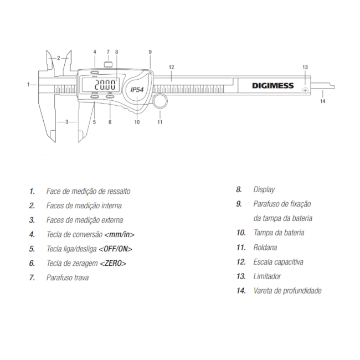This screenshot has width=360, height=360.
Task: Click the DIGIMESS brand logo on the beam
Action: point(272,86)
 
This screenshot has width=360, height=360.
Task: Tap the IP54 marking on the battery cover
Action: point(137,89)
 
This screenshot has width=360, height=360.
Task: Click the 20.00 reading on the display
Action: point(105,84)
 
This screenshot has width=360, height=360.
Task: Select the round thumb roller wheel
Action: point(160,101)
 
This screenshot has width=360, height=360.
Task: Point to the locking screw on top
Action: point(108,64)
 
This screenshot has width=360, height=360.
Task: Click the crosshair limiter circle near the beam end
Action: point(305,90)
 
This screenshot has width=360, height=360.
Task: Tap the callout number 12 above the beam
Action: point(171,67)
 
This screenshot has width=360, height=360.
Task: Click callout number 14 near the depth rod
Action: point(322,101)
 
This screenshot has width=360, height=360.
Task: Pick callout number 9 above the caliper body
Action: point(150,52)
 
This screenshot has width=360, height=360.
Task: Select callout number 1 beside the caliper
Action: point(28,85)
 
